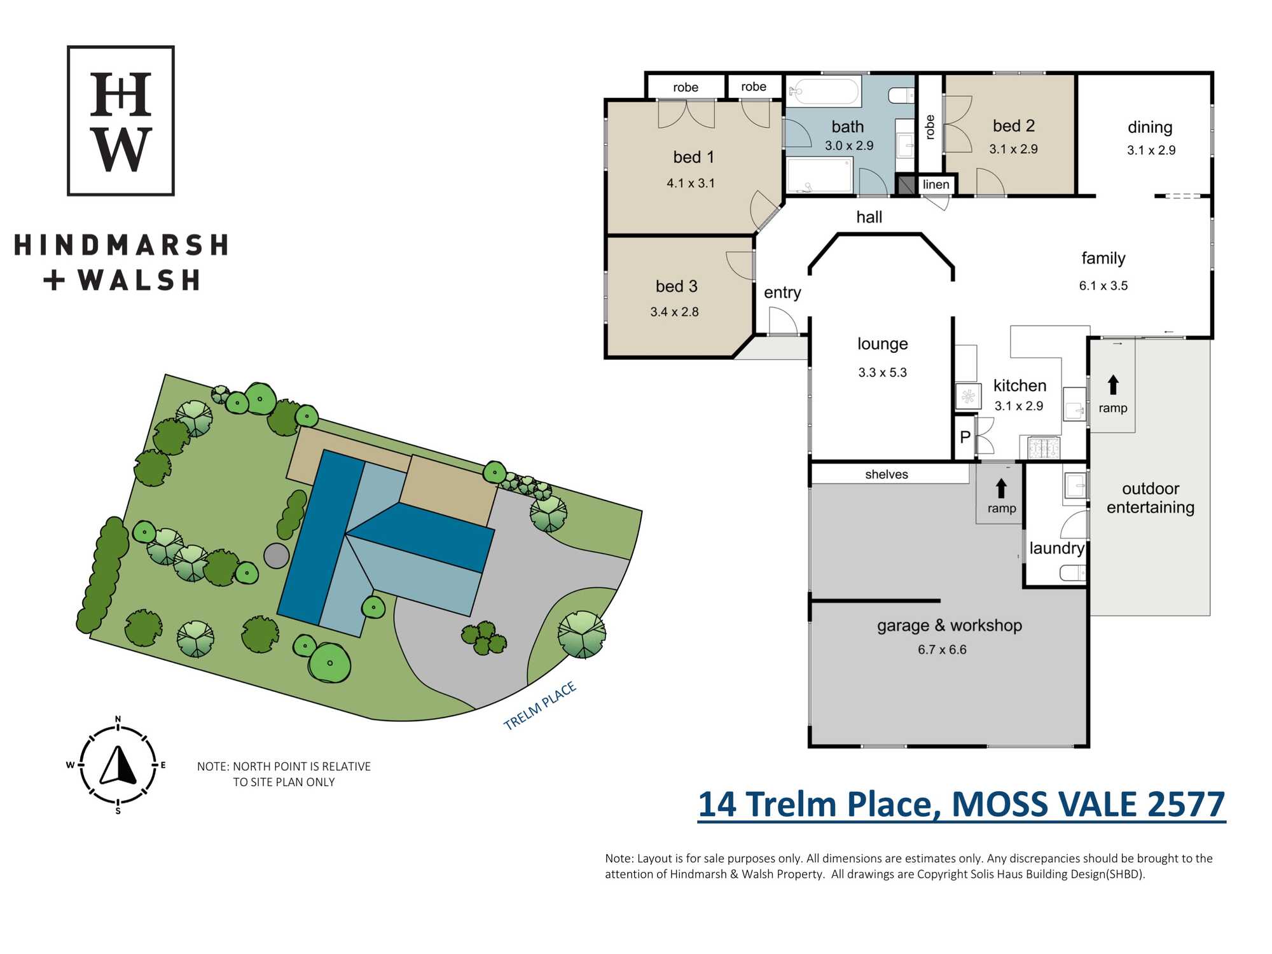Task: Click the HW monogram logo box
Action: (x=121, y=120)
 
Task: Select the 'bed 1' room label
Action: (x=693, y=157)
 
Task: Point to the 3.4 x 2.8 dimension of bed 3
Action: (x=674, y=312)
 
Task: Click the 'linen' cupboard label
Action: (x=936, y=184)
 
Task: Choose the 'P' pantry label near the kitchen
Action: (x=965, y=437)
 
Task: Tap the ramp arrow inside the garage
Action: (x=1001, y=488)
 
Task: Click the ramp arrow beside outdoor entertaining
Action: (x=1113, y=385)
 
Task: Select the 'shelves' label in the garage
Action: (x=887, y=474)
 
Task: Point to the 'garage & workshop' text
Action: (x=950, y=626)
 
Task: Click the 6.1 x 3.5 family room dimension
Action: (x=1103, y=286)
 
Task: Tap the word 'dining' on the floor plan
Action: (x=1150, y=128)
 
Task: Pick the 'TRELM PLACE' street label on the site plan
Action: (x=539, y=705)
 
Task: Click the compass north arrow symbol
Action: (x=118, y=764)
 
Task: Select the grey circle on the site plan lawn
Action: (x=277, y=555)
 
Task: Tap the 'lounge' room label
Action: (x=882, y=344)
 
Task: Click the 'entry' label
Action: (x=782, y=293)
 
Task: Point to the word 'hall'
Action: (x=869, y=217)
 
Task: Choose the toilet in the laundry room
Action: (x=1072, y=573)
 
